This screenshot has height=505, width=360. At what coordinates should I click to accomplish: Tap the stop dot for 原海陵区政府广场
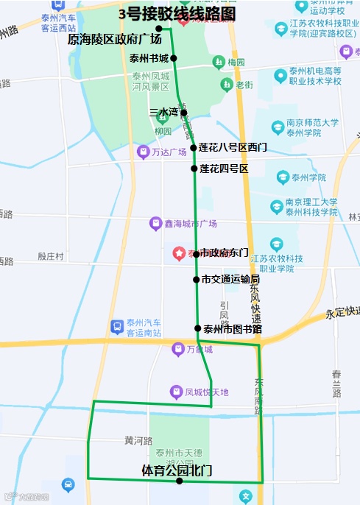158,29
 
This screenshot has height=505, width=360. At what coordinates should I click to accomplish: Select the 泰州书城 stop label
149,58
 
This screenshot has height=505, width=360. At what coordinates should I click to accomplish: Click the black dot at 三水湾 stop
184,113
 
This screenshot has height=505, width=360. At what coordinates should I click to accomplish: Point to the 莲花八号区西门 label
233,148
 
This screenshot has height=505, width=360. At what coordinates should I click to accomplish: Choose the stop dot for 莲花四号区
194,169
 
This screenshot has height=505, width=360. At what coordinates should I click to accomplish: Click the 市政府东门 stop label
225,252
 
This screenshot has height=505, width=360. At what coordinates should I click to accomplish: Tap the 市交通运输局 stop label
230,280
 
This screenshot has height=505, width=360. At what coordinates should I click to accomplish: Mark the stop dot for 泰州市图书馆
197,328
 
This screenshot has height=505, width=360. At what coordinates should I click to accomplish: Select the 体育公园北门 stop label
177,469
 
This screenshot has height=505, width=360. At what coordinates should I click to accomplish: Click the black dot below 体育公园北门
180,481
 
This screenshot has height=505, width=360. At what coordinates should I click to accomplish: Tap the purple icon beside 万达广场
144,152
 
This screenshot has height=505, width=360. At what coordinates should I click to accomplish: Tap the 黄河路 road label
138,440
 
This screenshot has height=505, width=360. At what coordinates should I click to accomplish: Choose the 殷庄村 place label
51,256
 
